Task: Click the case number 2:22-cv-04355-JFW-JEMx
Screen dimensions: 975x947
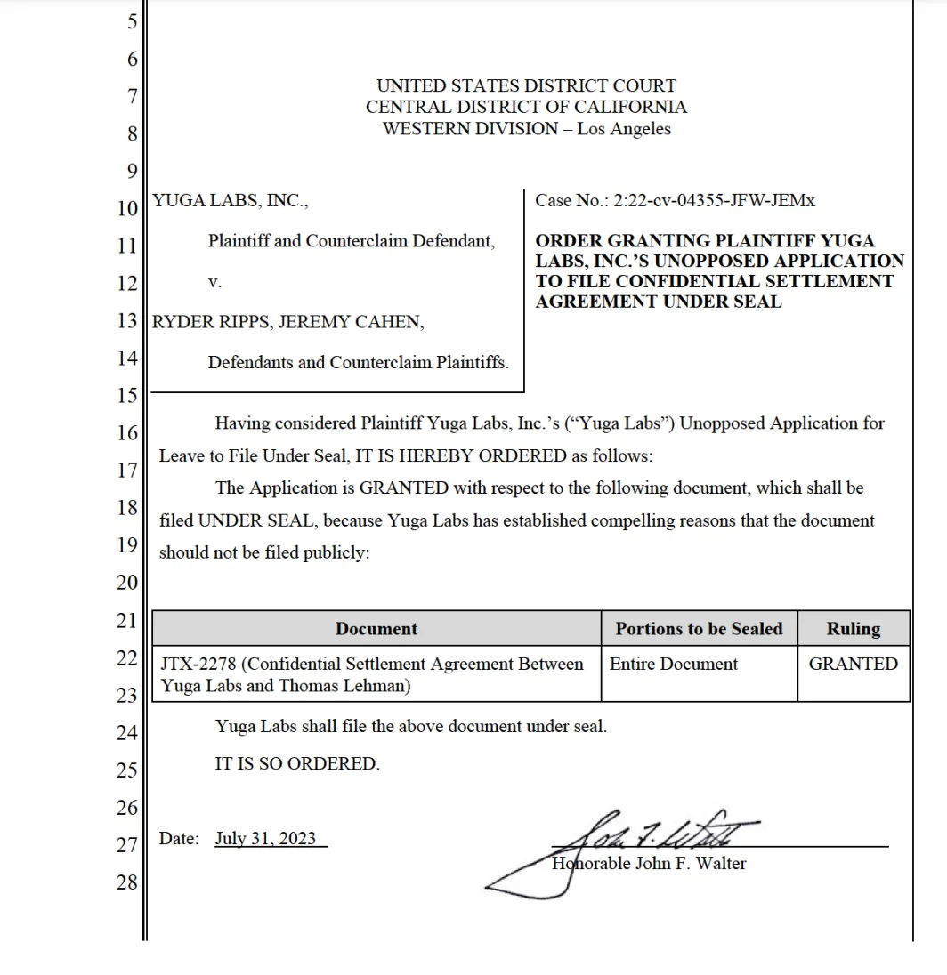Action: [714, 201]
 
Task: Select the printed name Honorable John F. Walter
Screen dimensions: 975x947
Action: [649, 863]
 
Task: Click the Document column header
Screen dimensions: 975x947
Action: [376, 629]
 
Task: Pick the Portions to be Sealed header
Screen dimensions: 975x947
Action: [699, 629]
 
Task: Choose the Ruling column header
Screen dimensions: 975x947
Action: [853, 629]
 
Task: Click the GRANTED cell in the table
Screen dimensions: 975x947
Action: [853, 664]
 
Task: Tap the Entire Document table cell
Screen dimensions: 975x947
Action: [674, 664]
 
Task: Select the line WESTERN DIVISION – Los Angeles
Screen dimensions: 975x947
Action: [526, 129]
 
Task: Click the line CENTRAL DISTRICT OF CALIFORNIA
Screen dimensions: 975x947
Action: [526, 107]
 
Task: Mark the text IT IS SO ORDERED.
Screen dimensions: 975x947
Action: [297, 763]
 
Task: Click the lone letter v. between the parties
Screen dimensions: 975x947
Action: [214, 282]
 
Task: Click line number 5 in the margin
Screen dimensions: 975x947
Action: [133, 21]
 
